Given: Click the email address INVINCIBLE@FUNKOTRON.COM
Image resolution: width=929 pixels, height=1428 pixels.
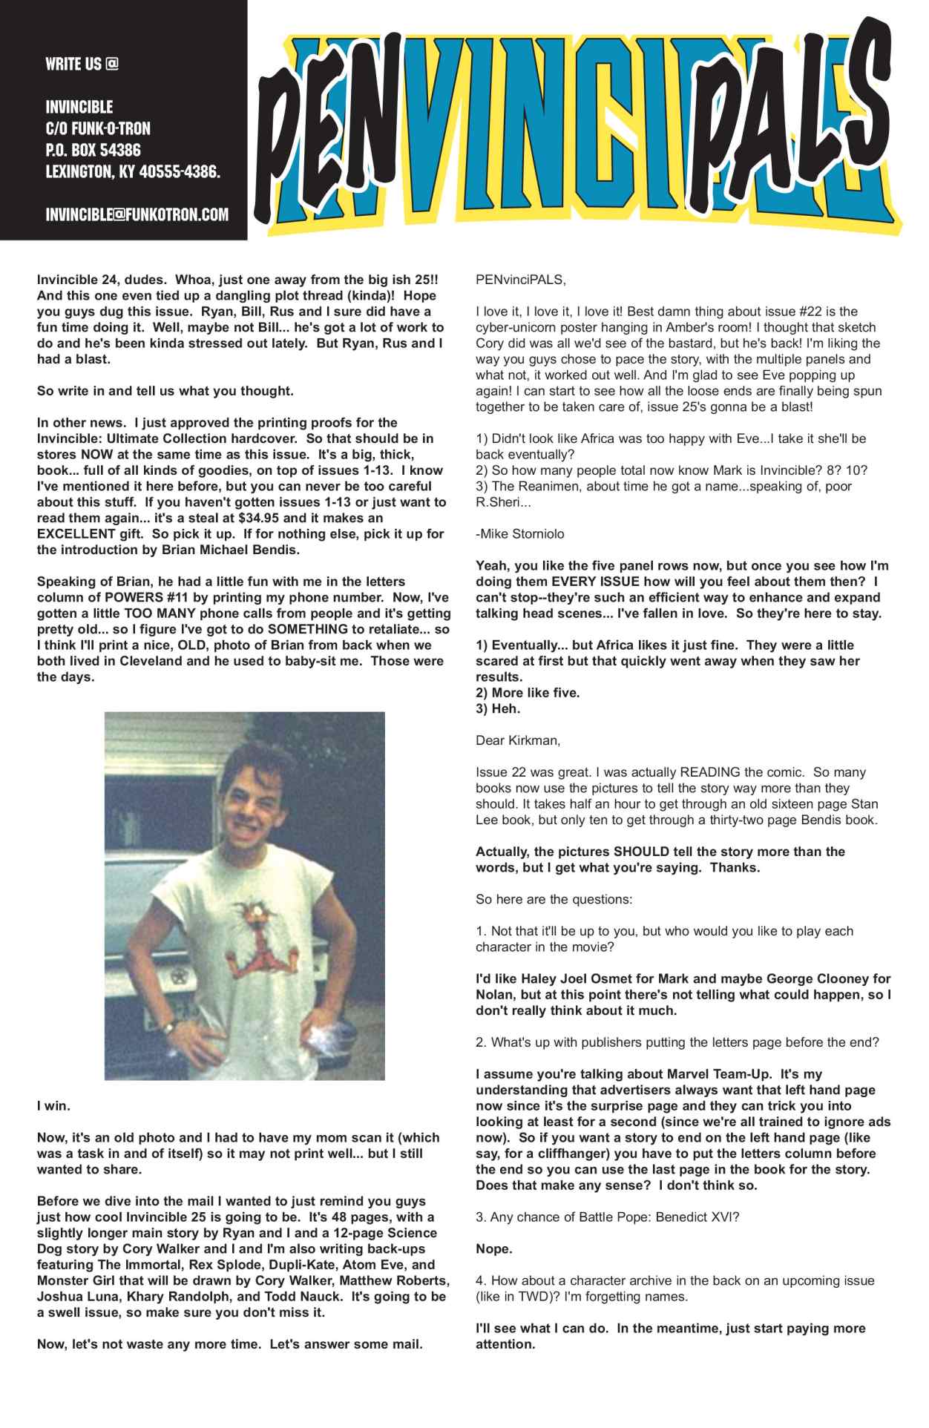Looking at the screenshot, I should tap(137, 215).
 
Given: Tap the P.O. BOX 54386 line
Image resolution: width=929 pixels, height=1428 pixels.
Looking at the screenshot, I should tap(93, 151).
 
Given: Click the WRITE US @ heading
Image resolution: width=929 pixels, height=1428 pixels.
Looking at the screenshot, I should tap(82, 65).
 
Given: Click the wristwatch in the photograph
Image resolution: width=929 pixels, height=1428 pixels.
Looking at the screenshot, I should tap(170, 1027).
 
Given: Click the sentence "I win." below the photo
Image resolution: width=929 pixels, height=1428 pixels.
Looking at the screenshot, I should tap(53, 1106).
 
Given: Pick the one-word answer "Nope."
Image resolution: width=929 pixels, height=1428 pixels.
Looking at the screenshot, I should tap(494, 1249).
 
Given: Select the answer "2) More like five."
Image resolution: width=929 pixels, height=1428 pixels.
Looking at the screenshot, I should tap(528, 693).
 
